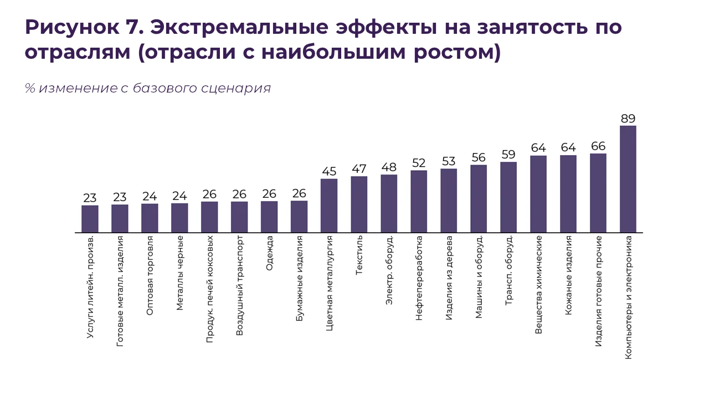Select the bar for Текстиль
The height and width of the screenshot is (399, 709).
pyautogui.click(x=359, y=204)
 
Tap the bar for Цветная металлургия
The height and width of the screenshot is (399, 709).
pyautogui.click(x=329, y=206)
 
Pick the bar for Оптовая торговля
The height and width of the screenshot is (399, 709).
pyautogui.click(x=150, y=218)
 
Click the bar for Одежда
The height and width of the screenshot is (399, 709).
pyautogui.click(x=269, y=217)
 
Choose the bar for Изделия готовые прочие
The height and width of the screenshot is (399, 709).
pyautogui.click(x=598, y=193)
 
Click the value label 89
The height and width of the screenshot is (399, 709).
pyautogui.click(x=628, y=118)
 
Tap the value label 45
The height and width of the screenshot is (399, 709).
pyautogui.click(x=329, y=171)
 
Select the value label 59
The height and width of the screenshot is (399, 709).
pyautogui.click(x=508, y=154)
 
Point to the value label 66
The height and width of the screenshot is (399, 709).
pyautogui.click(x=598, y=146)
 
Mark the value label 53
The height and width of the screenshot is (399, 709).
pyautogui.click(x=449, y=161)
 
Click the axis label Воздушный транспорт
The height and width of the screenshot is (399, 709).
pyautogui.click(x=240, y=286)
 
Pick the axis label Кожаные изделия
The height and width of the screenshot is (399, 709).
pyautogui.click(x=568, y=275)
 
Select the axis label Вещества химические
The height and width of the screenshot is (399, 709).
pyautogui.click(x=538, y=284)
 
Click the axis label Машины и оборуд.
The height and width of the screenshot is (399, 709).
pyautogui.click(x=479, y=277)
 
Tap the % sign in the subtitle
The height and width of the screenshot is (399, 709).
pyautogui.click(x=29, y=88)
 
